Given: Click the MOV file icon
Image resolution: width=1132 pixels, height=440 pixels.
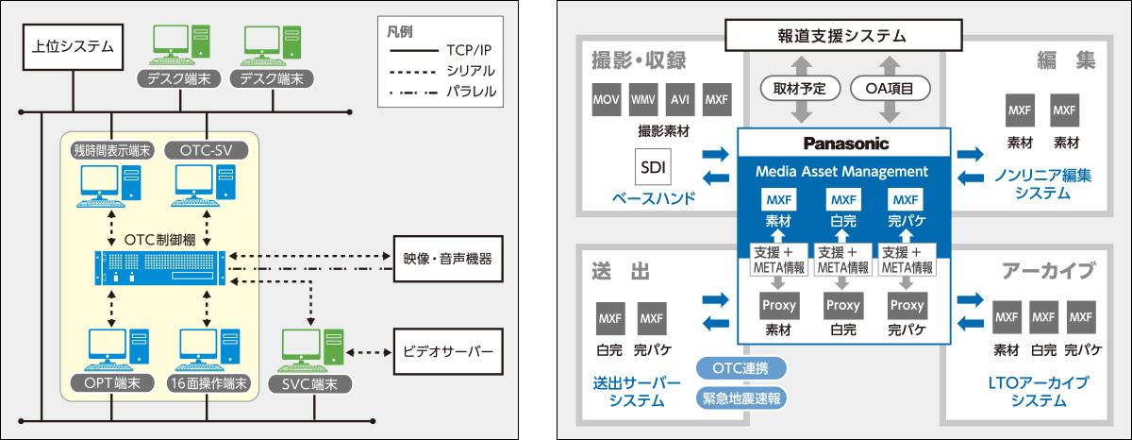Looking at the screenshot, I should point(606,100).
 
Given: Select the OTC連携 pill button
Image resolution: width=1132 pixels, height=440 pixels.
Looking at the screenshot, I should point(741,366).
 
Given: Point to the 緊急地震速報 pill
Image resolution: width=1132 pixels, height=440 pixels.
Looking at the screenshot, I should point(741,397).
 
